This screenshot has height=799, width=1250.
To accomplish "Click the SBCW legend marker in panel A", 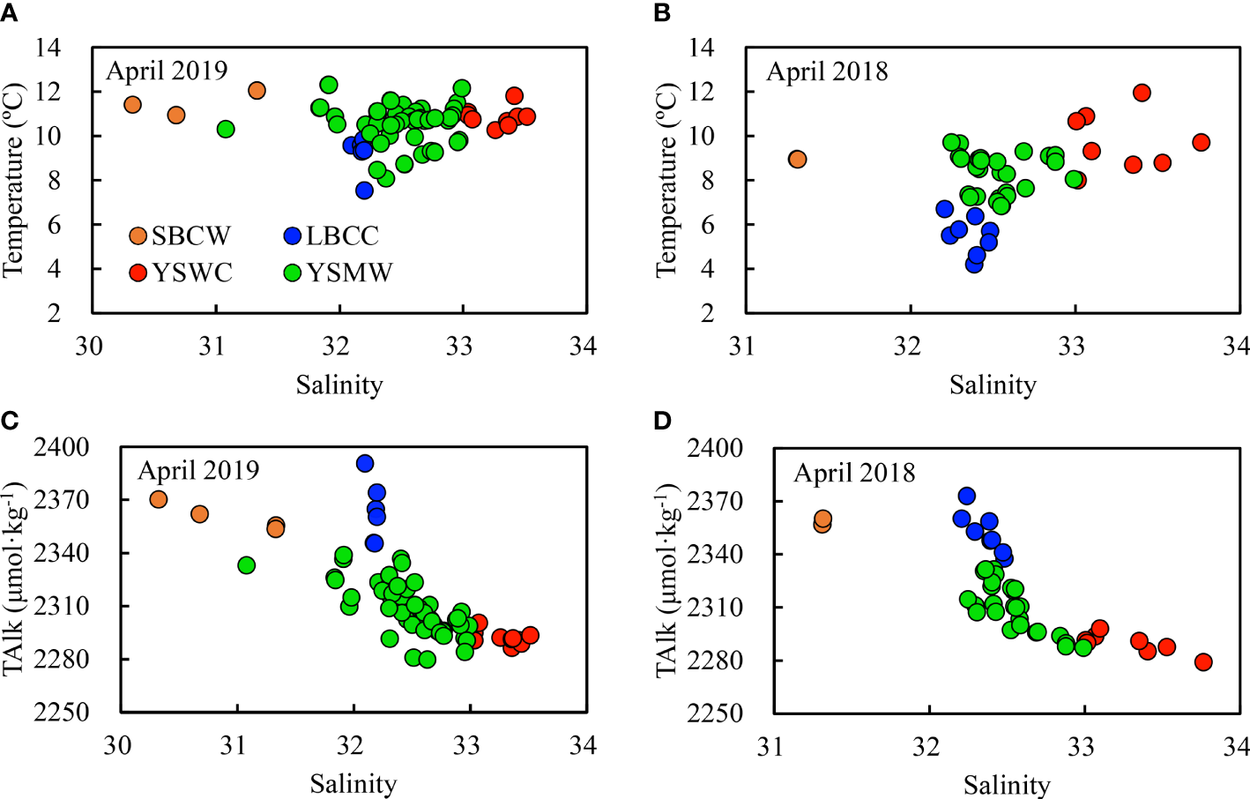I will click(138, 235).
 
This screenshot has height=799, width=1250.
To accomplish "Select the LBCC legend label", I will click(342, 235).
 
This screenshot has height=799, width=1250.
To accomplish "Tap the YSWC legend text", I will click(192, 273).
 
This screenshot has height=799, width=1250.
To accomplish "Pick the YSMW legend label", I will click(349, 273).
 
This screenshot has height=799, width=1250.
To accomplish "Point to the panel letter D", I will click(663, 421).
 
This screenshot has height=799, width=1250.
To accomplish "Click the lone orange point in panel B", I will click(797, 160).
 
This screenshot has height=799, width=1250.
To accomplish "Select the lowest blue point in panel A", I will click(364, 190).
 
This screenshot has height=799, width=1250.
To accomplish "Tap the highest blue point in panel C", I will click(365, 463).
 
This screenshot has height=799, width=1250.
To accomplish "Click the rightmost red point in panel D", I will click(1203, 662).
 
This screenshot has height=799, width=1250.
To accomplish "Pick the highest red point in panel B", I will click(1142, 93).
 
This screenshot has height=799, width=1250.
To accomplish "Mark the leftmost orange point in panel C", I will click(159, 499).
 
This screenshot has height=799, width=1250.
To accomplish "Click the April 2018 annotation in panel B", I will click(827, 71).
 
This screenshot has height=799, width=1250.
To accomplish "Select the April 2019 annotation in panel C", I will click(198, 470).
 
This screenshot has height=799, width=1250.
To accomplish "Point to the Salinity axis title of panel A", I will click(339, 385).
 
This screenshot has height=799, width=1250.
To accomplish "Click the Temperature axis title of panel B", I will click(666, 180).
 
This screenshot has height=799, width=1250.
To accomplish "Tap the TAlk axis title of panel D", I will click(666, 580).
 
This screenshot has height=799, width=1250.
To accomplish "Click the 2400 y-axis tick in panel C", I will click(62, 447).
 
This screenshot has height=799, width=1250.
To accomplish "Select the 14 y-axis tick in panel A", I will click(48, 48).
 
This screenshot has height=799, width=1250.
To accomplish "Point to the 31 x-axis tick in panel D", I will click(770, 747).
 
